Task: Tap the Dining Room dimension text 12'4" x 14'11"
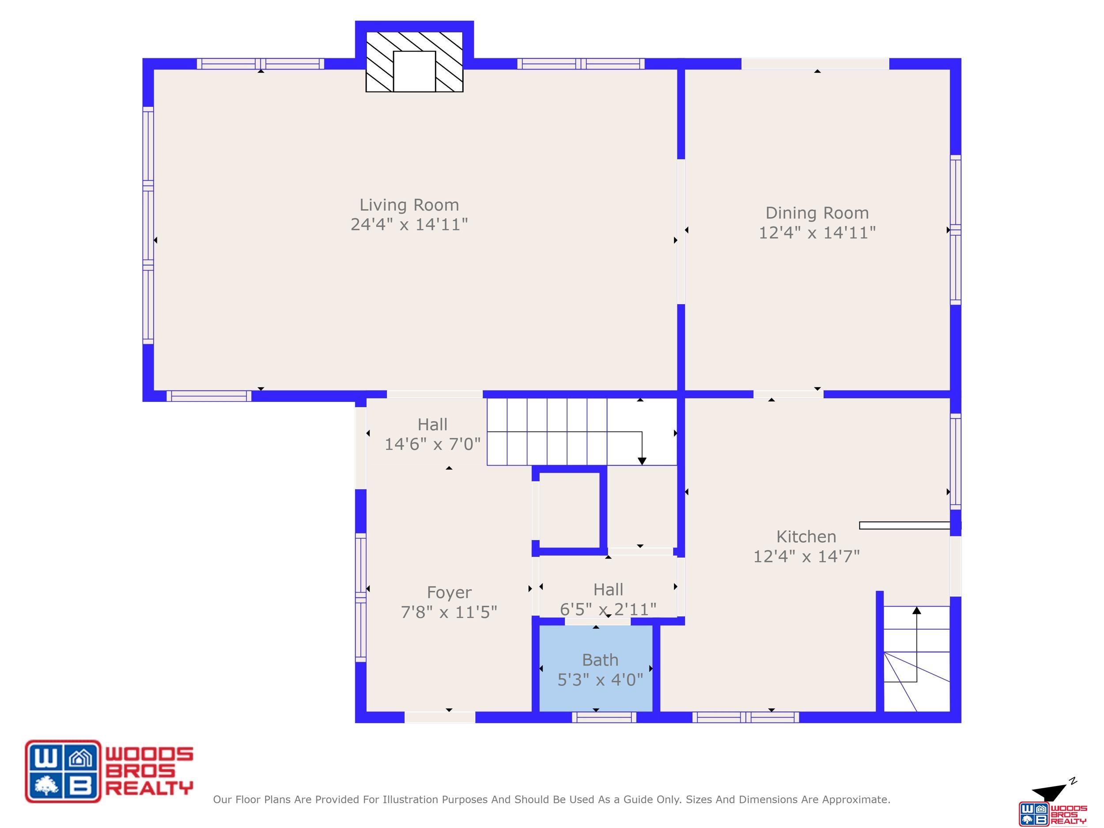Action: tap(817, 233)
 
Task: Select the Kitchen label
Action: tap(806, 537)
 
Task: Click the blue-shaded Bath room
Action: tap(596, 668)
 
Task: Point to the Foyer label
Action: tap(449, 593)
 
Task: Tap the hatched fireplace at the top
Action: tap(414, 62)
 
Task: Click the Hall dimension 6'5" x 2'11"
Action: tap(608, 609)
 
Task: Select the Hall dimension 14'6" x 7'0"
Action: tap(432, 444)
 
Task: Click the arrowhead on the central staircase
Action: tap(642, 461)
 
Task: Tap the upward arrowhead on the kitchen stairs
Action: tap(916, 610)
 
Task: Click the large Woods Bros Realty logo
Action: tap(109, 771)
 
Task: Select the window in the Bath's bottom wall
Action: tap(604, 717)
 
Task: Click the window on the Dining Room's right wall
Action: tap(955, 230)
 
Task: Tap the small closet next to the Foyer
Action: tap(570, 510)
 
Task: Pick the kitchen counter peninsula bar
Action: tap(904, 526)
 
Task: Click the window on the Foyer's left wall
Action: tap(360, 597)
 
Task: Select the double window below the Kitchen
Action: tap(746, 717)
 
